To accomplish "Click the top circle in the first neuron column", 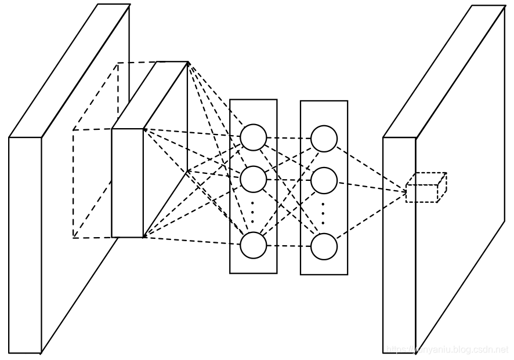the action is tap(254, 137).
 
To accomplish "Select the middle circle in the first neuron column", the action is tap(254, 179).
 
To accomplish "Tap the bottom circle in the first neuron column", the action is tap(254, 245).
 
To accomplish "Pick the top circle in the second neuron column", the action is tap(324, 139).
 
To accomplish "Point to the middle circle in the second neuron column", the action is tap(324, 180).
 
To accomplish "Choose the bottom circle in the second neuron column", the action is tap(324, 246).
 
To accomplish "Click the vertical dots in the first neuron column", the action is tap(253, 212).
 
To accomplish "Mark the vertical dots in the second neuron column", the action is tap(323, 213).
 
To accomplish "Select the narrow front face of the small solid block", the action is tap(127, 183).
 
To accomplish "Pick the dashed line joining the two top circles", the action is tap(289, 138).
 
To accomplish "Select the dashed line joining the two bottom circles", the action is tap(289, 246).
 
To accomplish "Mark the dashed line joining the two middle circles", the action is tap(289, 180).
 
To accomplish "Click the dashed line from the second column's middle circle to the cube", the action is tap(371, 186).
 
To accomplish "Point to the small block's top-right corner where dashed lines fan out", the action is tap(188, 62).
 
